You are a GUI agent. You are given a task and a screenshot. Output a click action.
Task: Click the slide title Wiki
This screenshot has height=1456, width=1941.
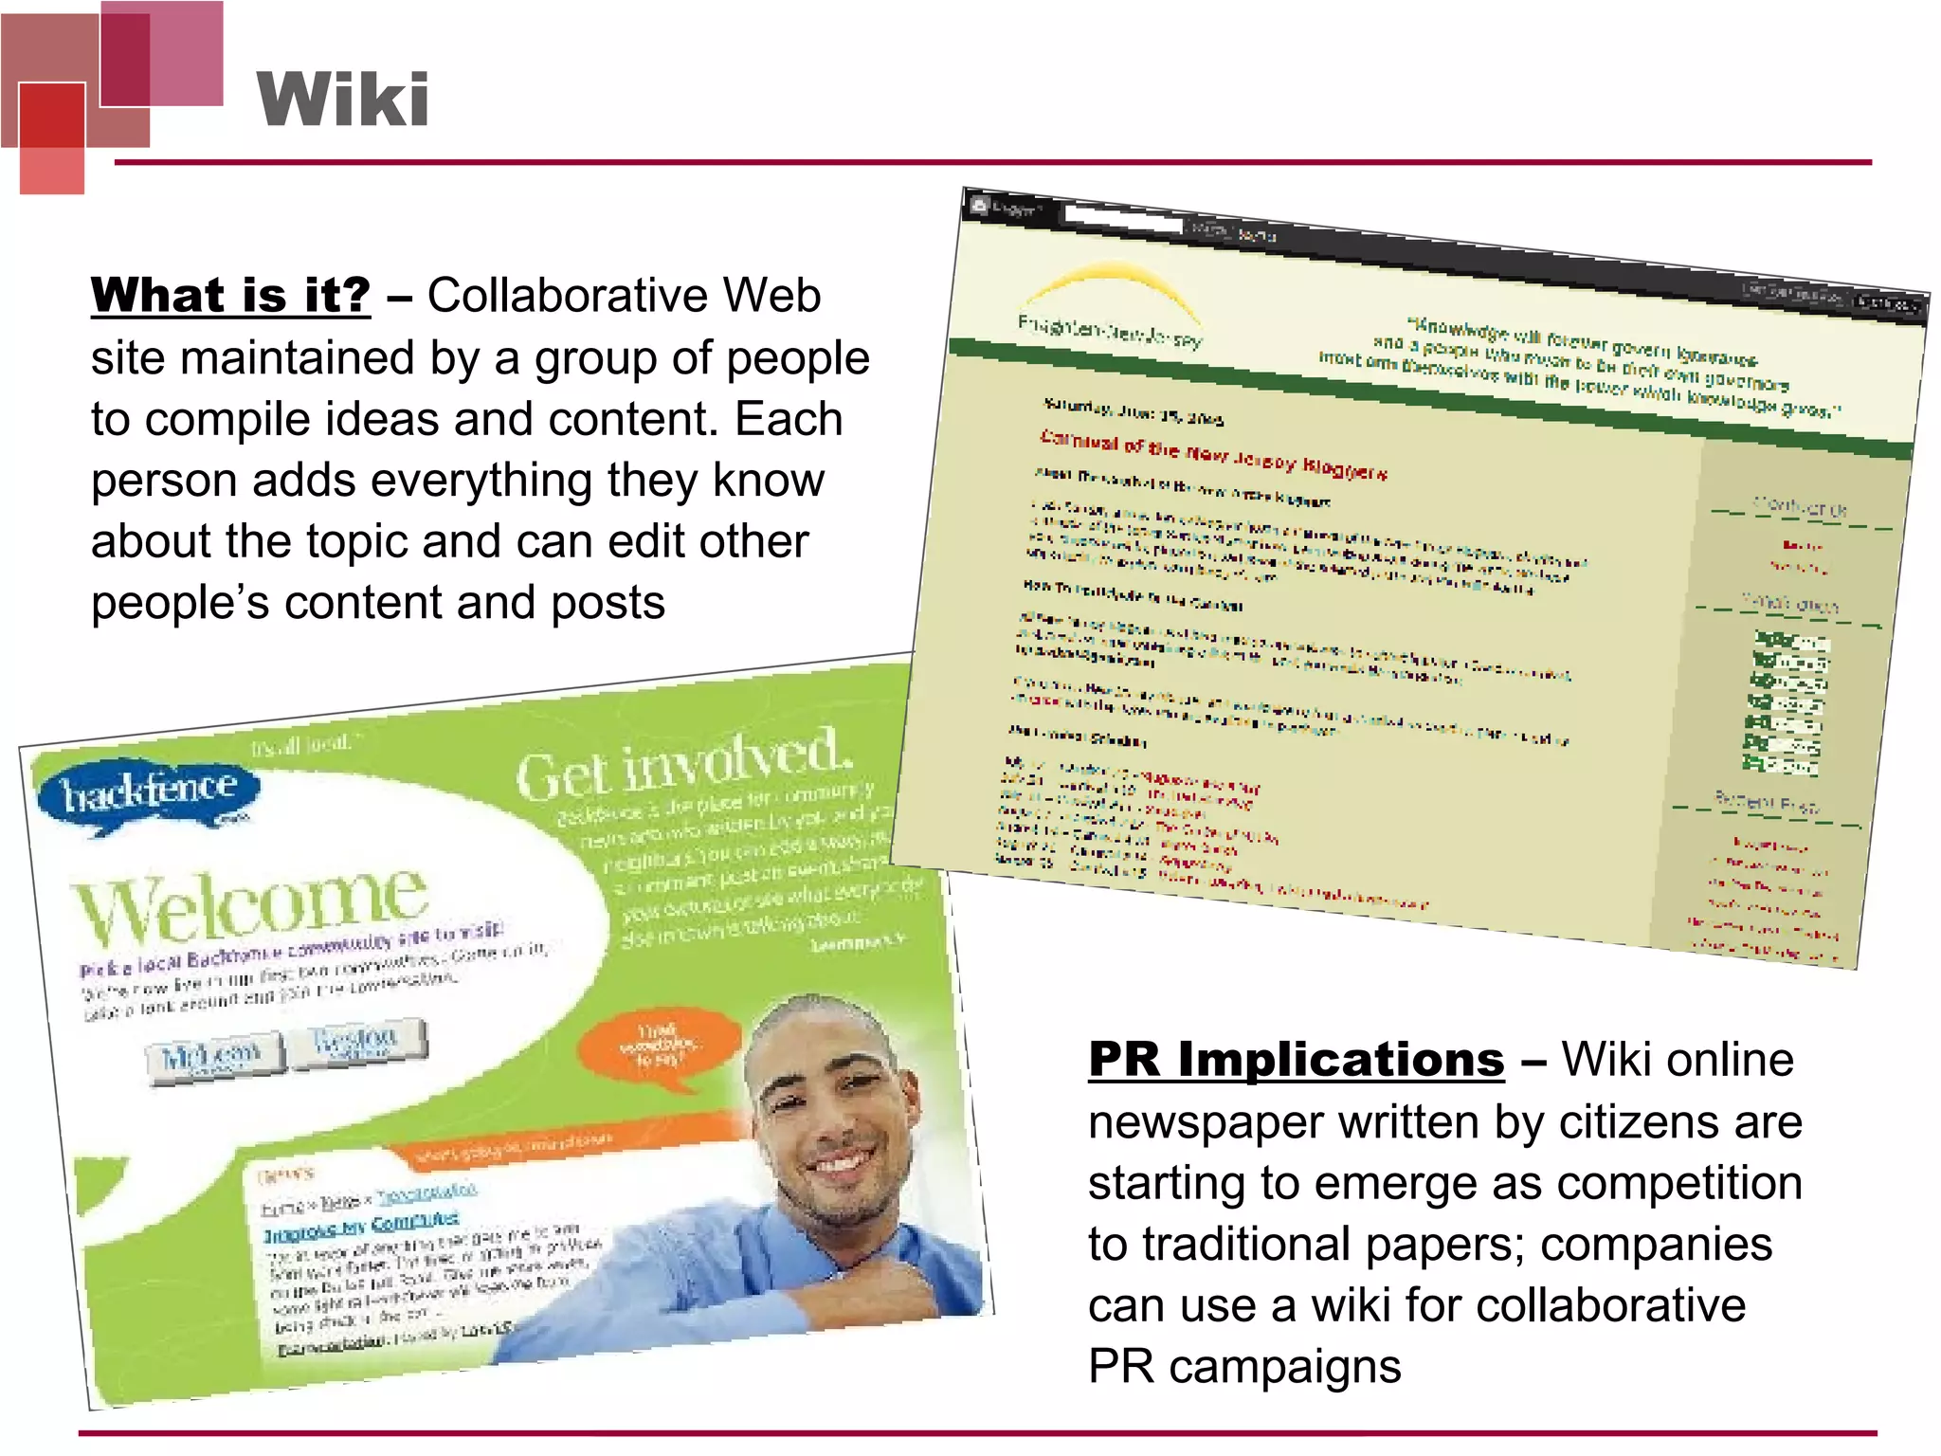(x=343, y=100)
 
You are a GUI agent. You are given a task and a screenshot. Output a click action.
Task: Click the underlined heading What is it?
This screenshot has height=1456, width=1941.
(x=230, y=295)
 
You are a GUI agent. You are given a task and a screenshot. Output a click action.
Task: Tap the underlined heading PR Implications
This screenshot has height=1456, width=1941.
(x=1296, y=1059)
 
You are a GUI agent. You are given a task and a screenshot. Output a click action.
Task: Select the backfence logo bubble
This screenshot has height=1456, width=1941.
(x=148, y=792)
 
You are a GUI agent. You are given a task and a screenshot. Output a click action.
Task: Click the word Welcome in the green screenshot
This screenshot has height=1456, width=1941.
(x=251, y=901)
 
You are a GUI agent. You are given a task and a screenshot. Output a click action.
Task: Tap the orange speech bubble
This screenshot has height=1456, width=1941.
(x=660, y=1046)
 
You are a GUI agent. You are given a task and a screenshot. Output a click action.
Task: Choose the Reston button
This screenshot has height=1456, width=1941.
(x=356, y=1041)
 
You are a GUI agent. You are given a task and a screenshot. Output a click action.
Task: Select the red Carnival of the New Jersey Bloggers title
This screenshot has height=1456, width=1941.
(x=1213, y=456)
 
